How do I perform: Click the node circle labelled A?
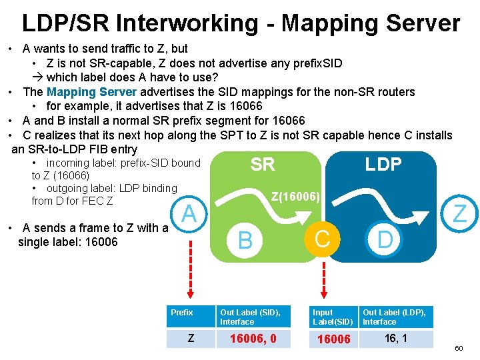(189, 214)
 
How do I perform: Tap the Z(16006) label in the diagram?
(297, 197)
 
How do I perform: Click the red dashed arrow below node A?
(190, 273)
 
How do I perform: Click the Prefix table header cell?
(182, 313)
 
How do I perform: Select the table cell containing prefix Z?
(191, 339)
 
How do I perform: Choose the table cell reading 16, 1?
(397, 339)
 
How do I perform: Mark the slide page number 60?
(459, 349)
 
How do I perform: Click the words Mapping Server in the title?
(371, 24)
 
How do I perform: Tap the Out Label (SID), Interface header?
(251, 317)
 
